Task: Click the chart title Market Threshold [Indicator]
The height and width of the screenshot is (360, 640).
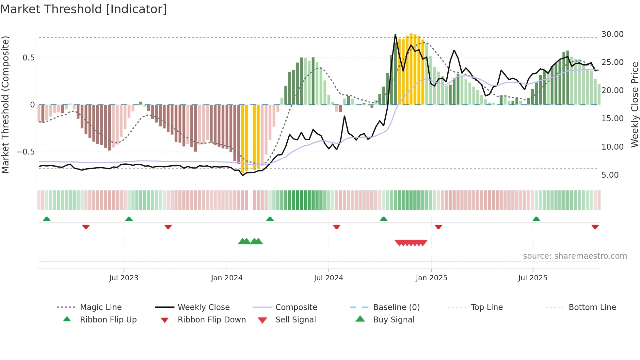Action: point(84,9)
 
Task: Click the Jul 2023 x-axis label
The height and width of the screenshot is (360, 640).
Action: point(124,278)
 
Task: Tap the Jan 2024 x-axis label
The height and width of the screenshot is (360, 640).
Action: point(227,278)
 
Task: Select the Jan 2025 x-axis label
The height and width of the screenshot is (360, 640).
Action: point(431,278)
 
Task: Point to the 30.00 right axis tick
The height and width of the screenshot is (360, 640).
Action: point(612,34)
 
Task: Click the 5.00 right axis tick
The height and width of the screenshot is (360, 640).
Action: point(610,175)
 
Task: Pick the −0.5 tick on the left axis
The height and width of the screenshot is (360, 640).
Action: point(25,152)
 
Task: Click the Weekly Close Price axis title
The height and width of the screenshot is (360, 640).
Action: point(634,105)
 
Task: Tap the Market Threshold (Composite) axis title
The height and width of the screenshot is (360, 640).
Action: point(5,105)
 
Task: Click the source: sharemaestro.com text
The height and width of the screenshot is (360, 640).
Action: point(575,256)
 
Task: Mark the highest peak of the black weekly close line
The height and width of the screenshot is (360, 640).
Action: point(395,35)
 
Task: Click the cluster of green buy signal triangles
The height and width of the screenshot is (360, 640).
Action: point(250,241)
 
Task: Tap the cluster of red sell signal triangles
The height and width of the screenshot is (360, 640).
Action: point(411,243)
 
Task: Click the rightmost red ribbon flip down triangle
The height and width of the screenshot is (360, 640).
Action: point(595,227)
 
